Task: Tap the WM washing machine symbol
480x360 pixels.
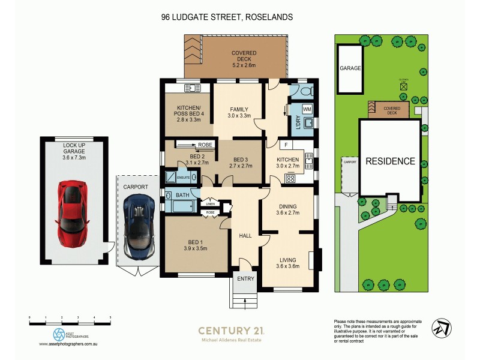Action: (307, 110)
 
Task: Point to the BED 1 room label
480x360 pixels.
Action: (195, 245)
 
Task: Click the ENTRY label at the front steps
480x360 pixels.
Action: (245, 280)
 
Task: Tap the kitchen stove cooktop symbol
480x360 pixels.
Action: (292, 178)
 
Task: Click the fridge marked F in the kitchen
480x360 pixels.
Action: (287, 145)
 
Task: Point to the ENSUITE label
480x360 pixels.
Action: (184, 178)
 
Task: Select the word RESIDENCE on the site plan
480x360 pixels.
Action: (391, 161)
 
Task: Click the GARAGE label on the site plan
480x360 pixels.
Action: (351, 68)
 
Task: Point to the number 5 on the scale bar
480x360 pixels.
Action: (110, 316)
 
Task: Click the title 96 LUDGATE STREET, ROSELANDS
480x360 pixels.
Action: (227, 17)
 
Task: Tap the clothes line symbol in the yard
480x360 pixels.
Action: (403, 86)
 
